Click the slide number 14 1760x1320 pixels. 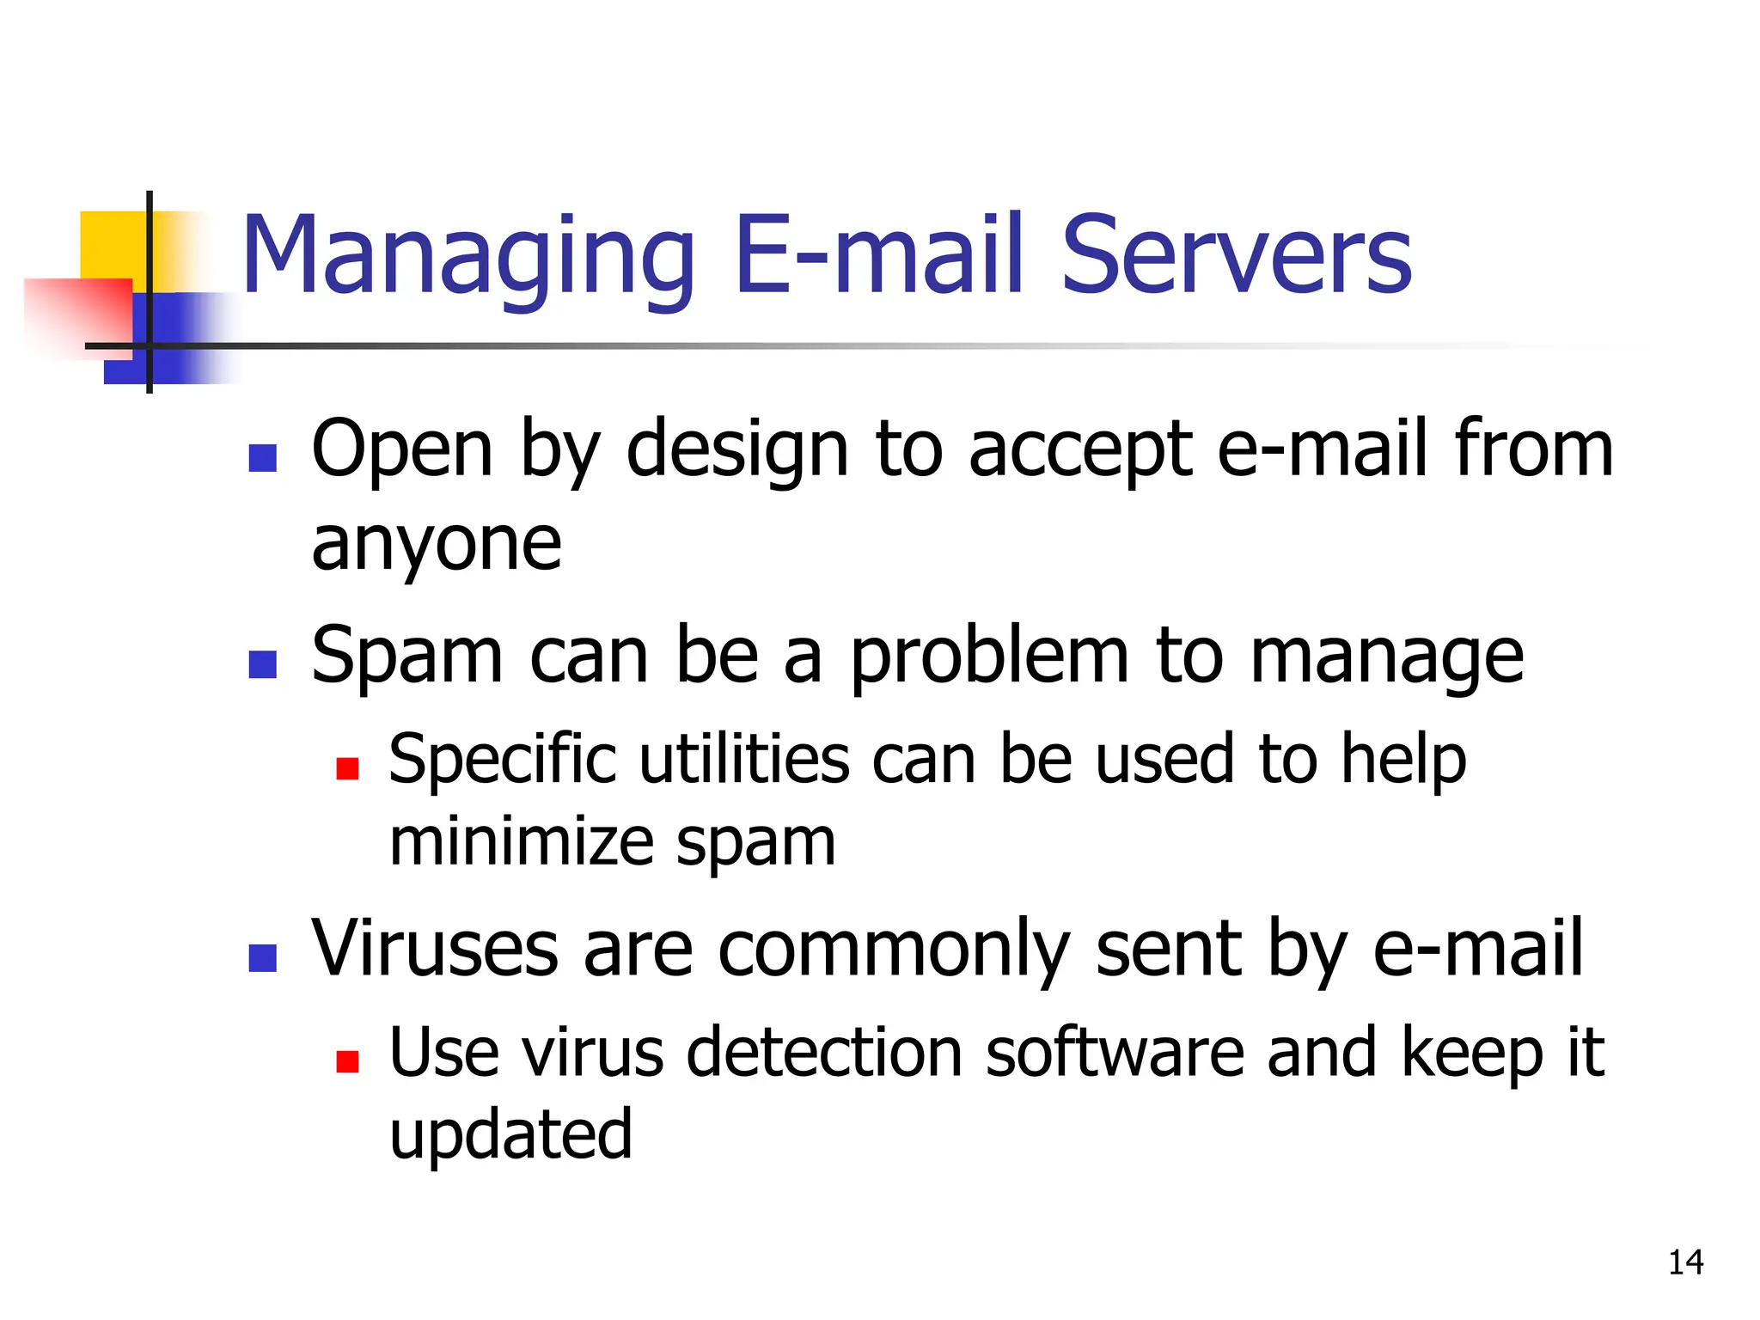click(x=1685, y=1262)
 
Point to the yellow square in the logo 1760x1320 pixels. click(x=113, y=245)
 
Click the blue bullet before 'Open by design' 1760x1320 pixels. click(x=262, y=458)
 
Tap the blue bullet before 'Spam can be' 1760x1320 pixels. click(x=262, y=664)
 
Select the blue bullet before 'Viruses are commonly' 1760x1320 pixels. click(x=262, y=957)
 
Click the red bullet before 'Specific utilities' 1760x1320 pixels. click(x=347, y=768)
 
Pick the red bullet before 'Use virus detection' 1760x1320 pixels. click(x=347, y=1061)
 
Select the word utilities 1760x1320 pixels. click(x=744, y=760)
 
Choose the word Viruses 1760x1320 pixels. click(x=435, y=949)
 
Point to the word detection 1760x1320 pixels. click(x=824, y=1053)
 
